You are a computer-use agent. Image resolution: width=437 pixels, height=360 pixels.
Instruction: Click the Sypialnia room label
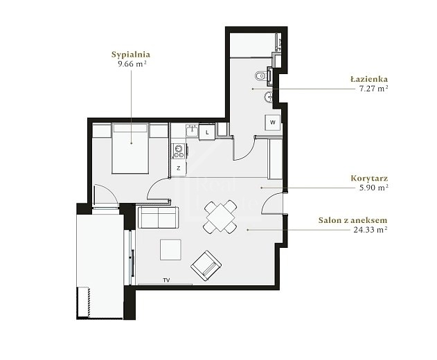click(x=131, y=54)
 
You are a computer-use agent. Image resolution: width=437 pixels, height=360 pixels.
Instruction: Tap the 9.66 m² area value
click(x=132, y=64)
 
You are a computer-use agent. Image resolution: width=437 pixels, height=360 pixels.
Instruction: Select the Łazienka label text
click(x=369, y=79)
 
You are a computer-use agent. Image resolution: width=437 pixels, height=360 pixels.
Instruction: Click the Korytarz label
click(x=369, y=178)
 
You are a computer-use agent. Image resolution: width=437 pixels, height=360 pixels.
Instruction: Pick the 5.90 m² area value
click(x=373, y=188)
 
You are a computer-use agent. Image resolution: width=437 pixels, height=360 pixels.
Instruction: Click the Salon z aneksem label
click(x=353, y=220)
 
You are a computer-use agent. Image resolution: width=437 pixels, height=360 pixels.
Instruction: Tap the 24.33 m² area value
click(x=371, y=230)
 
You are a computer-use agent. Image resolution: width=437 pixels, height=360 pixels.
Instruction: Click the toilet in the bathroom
click(x=260, y=75)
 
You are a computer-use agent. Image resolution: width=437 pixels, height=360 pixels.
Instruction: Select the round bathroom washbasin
click(x=268, y=97)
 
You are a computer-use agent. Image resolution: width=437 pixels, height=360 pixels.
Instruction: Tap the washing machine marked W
click(x=273, y=123)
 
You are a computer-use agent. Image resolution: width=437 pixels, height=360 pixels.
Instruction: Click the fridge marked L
click(x=207, y=132)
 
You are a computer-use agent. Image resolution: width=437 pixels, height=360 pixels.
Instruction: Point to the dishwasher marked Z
click(x=179, y=168)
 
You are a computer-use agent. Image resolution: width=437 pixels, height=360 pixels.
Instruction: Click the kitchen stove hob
click(x=179, y=152)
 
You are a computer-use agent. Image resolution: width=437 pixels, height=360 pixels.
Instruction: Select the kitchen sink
click(x=193, y=130)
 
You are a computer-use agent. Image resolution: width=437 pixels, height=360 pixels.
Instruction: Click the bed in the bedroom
click(x=130, y=149)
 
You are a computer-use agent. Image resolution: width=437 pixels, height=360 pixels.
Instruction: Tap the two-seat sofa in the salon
click(x=158, y=217)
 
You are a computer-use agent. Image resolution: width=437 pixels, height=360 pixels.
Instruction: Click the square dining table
click(x=220, y=217)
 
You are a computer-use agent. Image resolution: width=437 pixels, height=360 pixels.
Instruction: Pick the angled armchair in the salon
click(x=206, y=266)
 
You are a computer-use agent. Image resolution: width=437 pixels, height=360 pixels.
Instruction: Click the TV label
click(x=166, y=280)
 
